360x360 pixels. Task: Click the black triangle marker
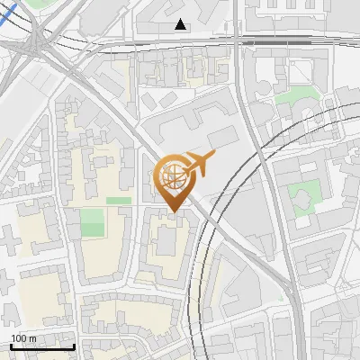point(181,25)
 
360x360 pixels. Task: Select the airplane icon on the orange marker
point(199,164)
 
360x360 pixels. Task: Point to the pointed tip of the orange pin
point(173,212)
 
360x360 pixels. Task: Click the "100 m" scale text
point(22,338)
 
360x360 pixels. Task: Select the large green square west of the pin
point(92,222)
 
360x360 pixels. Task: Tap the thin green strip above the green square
point(118,200)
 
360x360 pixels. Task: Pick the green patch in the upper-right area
point(291,94)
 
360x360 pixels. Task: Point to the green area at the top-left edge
point(36,4)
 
